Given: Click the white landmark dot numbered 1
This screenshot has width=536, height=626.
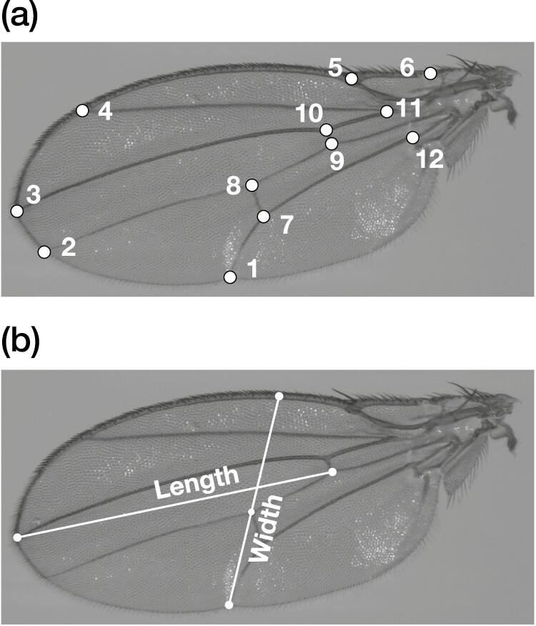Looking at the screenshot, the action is [230, 277].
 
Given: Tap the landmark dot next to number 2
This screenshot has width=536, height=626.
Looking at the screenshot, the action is [44, 252].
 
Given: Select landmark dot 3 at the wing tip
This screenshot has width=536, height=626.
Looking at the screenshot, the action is [17, 211].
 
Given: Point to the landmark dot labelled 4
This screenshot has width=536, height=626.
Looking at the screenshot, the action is [82, 110].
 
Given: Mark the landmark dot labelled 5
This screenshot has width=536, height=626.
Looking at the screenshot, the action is [352, 78].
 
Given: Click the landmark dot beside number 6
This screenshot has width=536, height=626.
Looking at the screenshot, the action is [430, 73].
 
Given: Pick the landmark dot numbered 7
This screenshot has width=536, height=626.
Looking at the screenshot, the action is [264, 216].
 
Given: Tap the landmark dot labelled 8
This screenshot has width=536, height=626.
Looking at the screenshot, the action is [252, 185].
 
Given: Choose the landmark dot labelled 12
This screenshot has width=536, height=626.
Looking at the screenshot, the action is [412, 137].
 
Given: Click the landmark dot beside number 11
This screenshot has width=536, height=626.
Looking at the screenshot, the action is [387, 111].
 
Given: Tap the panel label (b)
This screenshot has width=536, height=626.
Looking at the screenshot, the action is [19, 344].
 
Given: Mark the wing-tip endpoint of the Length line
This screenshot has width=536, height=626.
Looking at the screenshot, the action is [17, 537].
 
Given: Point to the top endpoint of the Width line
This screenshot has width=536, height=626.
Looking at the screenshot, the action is [279, 395].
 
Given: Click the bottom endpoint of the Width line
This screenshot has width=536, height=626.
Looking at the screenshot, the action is [229, 605].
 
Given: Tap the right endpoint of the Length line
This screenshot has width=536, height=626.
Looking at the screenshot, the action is [332, 472].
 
